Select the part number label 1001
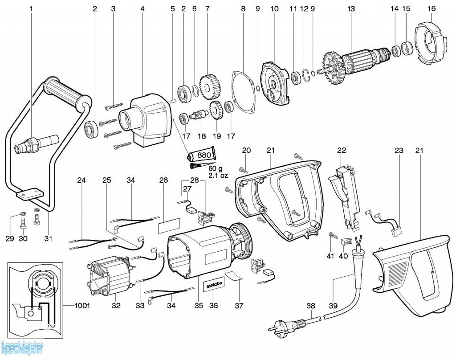click(x=82, y=306)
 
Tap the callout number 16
click(x=432, y=8)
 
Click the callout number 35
click(x=199, y=306)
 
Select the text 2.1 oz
click(x=218, y=176)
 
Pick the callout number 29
click(x=10, y=239)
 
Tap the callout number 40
click(x=343, y=256)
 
